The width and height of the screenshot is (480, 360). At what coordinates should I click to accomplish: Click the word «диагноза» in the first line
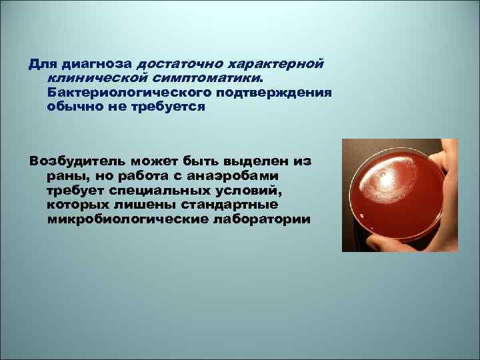point(97,65)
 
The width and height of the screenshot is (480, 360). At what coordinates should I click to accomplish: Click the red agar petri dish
point(393,193)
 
